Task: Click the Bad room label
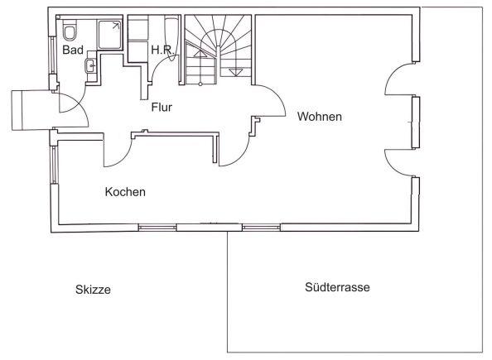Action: click(73, 50)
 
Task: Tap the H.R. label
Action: click(162, 50)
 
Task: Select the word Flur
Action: click(162, 108)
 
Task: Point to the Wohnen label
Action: click(320, 117)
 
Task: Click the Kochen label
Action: click(125, 192)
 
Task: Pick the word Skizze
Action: click(93, 290)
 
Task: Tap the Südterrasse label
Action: click(337, 287)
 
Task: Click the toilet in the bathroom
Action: click(70, 30)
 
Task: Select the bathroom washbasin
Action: click(91, 66)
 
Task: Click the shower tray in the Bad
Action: click(109, 35)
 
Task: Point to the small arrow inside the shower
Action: click(116, 26)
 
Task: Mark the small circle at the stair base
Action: click(200, 84)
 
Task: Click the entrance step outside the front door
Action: click(31, 110)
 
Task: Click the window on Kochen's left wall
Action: click(53, 165)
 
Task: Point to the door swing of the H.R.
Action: click(163, 66)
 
